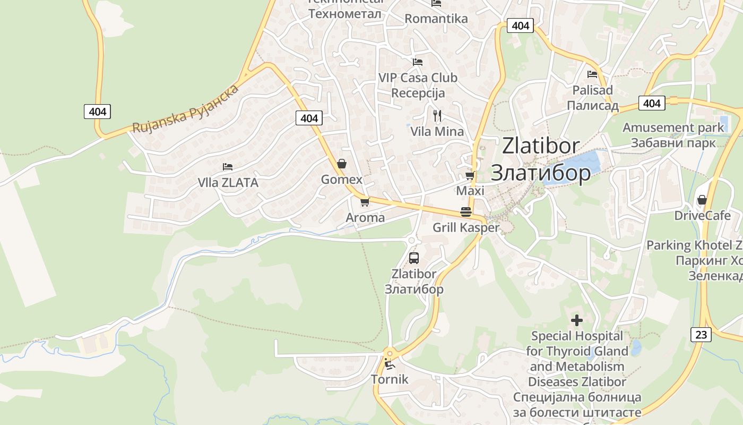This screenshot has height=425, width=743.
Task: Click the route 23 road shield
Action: (x=701, y=334)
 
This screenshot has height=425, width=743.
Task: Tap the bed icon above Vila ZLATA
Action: (x=228, y=167)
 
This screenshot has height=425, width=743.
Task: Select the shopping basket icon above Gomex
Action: (x=342, y=164)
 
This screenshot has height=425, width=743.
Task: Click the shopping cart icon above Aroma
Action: (x=365, y=202)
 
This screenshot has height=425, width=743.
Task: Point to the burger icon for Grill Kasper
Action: (x=466, y=212)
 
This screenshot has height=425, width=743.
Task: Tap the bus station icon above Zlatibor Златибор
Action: (x=414, y=258)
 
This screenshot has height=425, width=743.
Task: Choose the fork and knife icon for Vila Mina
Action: (x=437, y=115)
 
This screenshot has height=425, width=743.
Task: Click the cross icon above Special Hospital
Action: (x=577, y=320)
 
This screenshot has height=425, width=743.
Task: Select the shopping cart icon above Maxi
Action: (x=470, y=175)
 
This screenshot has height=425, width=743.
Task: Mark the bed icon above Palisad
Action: (x=592, y=74)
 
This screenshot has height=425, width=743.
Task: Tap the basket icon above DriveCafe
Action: (x=702, y=200)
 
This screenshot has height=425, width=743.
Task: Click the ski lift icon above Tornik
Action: (x=390, y=364)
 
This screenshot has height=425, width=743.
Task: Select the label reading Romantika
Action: (x=436, y=19)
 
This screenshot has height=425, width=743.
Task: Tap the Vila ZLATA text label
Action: (x=228, y=183)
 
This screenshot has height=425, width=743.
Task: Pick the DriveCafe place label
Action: (x=702, y=216)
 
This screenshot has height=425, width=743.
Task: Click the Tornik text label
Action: (x=390, y=379)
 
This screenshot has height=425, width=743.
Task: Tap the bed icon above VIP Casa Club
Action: (x=418, y=62)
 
